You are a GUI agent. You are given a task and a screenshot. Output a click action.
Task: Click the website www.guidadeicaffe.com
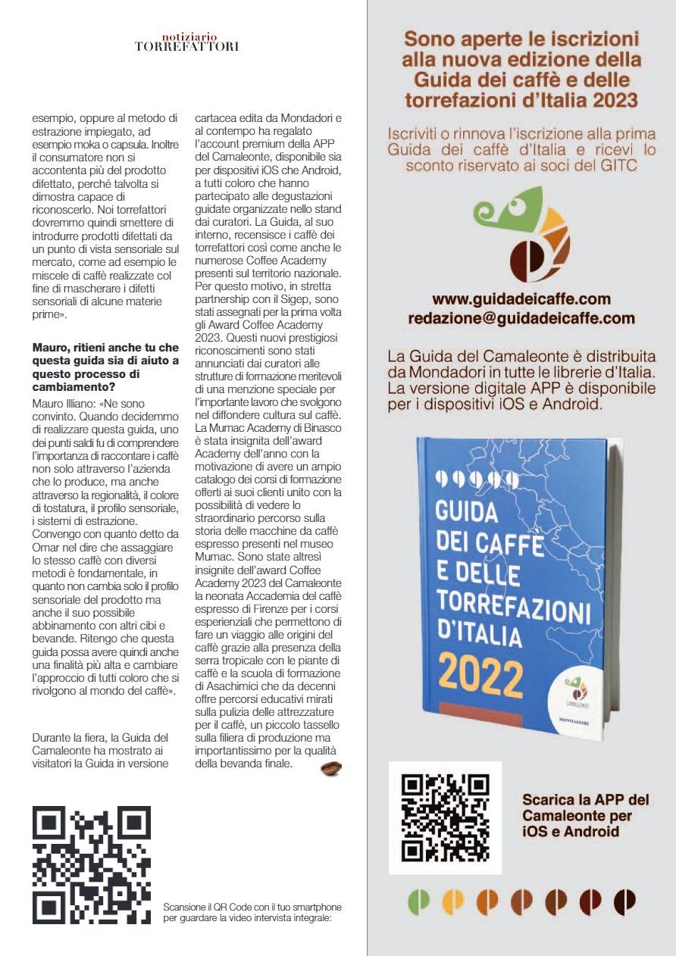point(521,298)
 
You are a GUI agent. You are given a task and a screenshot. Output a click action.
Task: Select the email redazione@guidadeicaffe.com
point(521,319)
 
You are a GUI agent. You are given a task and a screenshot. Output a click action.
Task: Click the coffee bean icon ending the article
point(331,768)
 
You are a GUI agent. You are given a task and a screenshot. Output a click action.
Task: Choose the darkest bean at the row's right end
point(624,900)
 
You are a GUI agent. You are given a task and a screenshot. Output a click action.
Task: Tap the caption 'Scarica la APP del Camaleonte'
point(585,815)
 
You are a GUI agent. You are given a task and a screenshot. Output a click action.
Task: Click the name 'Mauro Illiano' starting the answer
point(64,404)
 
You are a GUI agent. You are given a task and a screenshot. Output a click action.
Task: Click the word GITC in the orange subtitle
point(618,166)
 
